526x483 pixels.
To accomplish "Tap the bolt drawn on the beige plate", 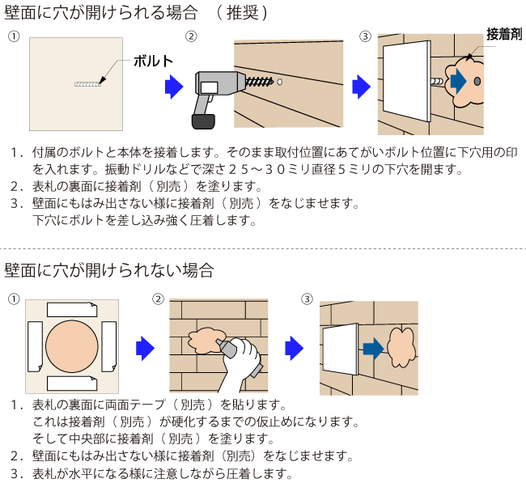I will pos(88,83).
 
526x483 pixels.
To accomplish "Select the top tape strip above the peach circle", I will pos(72,310).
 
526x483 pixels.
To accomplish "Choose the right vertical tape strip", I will pos(109,348).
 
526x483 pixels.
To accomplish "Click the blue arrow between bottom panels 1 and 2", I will pos(144,348).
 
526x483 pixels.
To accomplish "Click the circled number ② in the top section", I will pos(191,37).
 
